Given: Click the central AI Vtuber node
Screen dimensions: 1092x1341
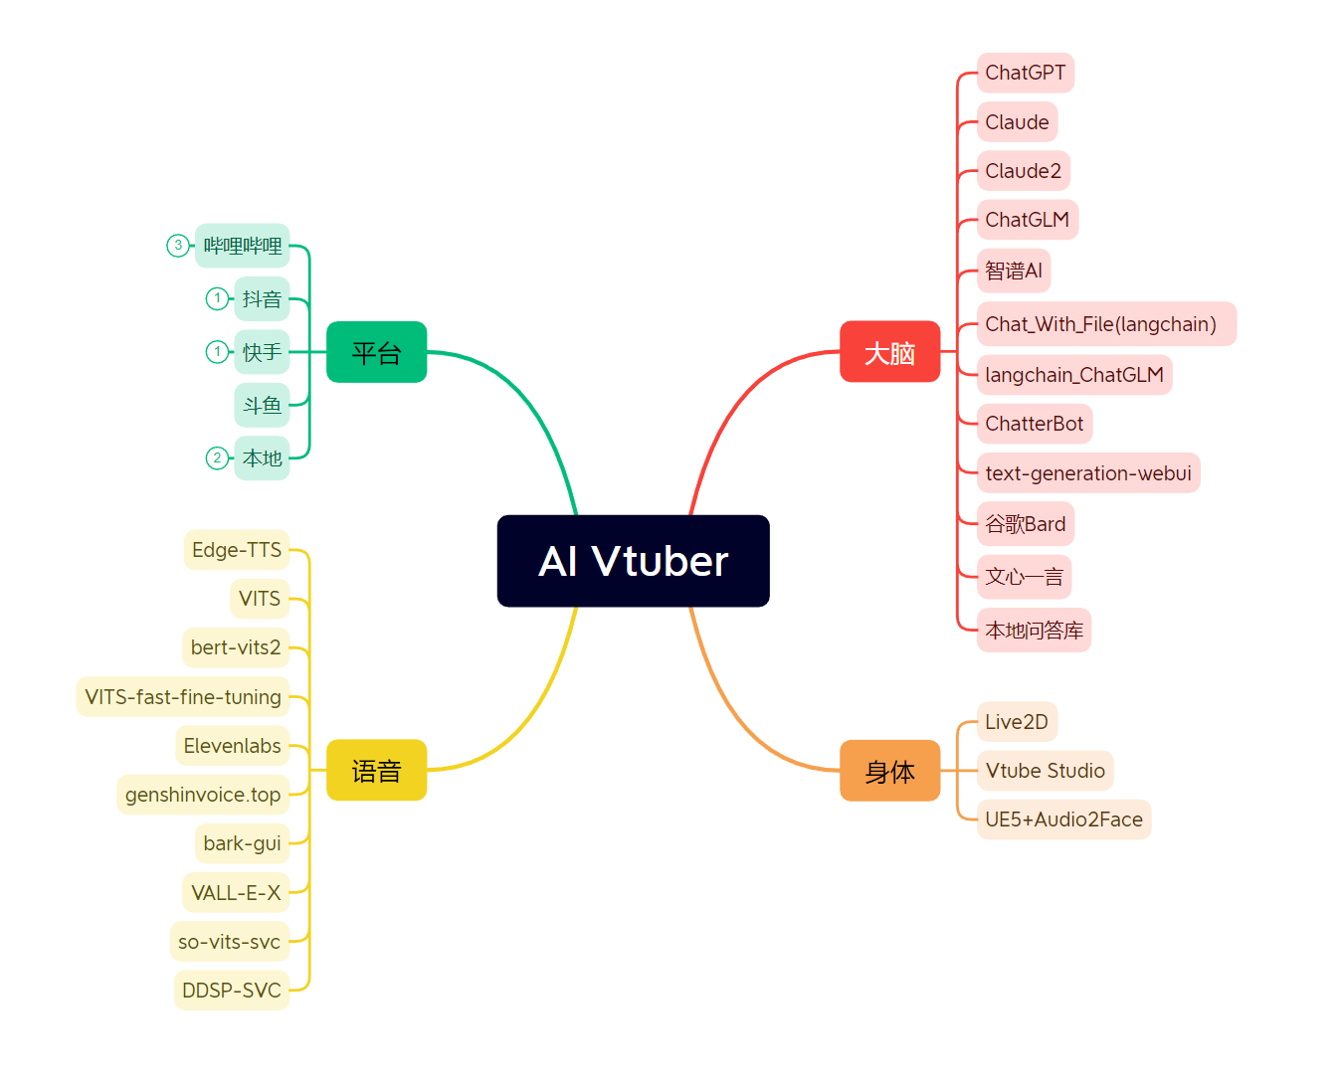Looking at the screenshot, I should tap(633, 561).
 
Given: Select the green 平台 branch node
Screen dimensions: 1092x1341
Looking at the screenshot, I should tap(376, 352).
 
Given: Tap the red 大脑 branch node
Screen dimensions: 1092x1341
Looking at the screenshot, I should tap(889, 352).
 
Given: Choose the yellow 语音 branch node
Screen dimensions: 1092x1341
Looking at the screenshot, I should tap(376, 770).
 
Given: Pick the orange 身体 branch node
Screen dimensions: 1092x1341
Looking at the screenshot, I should tap(889, 770).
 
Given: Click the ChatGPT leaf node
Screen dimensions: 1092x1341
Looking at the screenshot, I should tap(1025, 73).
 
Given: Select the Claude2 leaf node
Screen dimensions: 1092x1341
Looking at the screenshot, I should tap(1023, 171).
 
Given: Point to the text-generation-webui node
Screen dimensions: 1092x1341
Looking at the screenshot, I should tap(1088, 473).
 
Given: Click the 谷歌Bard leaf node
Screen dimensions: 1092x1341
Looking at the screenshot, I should tap(1025, 524).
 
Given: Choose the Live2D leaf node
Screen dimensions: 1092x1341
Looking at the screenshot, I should tap(1017, 722).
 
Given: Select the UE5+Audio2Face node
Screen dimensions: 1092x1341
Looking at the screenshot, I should tap(1063, 819).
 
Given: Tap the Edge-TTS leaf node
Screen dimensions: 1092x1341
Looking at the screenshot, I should tap(237, 550).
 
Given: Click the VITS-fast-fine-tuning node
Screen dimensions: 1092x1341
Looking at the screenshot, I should tap(183, 697).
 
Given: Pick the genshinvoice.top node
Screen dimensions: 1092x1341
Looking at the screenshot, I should tap(203, 795).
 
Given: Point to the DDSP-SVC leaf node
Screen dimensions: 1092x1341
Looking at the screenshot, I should tap(232, 991).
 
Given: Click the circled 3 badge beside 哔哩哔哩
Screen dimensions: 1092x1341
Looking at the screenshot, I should tap(178, 246).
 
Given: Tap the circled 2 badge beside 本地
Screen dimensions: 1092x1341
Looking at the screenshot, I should tap(217, 458).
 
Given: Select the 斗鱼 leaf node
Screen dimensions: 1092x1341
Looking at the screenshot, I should tap(262, 406).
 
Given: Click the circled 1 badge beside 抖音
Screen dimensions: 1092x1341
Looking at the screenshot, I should tap(217, 298).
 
